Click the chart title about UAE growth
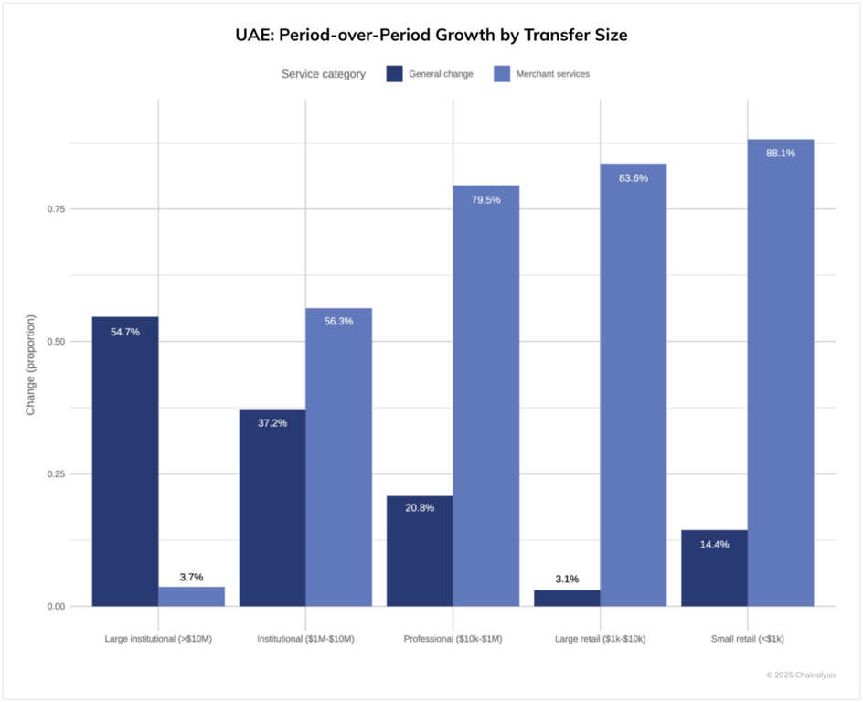click(431, 36)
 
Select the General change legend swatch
click(394, 74)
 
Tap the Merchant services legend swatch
click(502, 74)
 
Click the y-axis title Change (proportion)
click(30, 366)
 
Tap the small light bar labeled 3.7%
click(192, 597)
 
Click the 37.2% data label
click(272, 423)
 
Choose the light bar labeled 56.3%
click(338, 457)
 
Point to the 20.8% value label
click(420, 507)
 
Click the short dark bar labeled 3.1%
click(567, 599)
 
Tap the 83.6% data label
click(633, 178)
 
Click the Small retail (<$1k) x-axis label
click(747, 639)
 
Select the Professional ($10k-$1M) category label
click(453, 639)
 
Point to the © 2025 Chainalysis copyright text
click(801, 675)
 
